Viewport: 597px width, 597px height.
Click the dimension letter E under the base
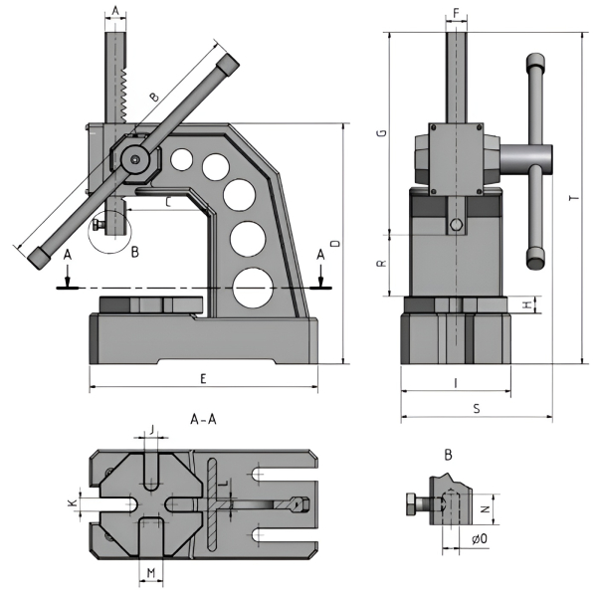click(202, 378)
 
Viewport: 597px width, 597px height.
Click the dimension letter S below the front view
click(476, 408)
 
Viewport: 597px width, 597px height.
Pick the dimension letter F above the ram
click(457, 13)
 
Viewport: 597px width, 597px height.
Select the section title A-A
click(204, 421)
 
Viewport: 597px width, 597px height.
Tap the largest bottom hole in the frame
click(253, 288)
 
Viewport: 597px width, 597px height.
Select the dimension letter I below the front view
click(455, 382)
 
